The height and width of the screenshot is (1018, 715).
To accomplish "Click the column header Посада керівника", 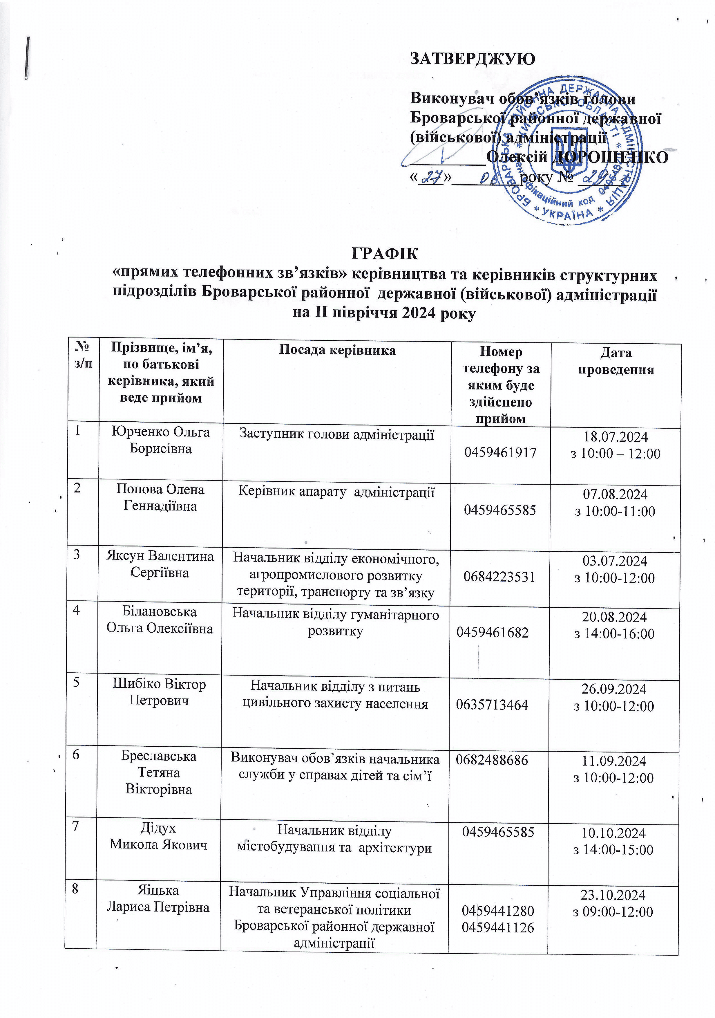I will pos(337,350).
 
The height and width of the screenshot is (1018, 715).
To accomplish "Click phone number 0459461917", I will pos(500,453).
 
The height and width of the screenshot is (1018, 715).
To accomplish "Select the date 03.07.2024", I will pos(615,561).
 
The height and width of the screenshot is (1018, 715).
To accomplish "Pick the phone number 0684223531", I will pos(499,577).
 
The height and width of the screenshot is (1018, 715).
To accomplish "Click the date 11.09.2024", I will pos(613,761).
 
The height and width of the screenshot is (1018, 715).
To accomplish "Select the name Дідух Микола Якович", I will pos(158,836).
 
